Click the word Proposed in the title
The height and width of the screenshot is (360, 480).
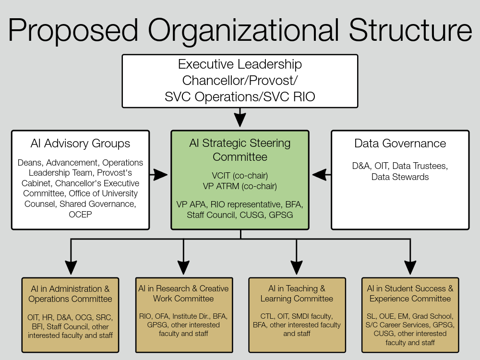click(73, 31)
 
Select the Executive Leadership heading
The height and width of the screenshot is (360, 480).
click(240, 64)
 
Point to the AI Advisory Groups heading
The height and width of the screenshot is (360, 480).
click(80, 143)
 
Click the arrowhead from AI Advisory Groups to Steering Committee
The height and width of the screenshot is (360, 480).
click(161, 175)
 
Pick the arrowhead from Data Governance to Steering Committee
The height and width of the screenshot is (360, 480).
click(319, 175)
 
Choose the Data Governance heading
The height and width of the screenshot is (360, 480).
click(400, 143)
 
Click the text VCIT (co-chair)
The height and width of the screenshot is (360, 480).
click(240, 176)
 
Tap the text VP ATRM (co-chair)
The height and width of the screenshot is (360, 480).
click(240, 186)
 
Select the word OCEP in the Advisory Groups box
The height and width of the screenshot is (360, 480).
click(80, 214)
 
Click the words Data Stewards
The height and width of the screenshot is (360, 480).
click(400, 177)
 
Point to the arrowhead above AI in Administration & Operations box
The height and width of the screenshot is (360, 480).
click(71, 268)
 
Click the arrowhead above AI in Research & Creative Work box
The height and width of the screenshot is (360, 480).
click(184, 268)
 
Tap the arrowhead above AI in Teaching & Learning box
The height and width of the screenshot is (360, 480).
click(296, 268)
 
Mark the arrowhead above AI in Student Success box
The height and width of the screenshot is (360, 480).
click(410, 268)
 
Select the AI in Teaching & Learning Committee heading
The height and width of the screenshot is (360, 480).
click(297, 294)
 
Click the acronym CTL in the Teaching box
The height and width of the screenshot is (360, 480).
click(267, 316)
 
